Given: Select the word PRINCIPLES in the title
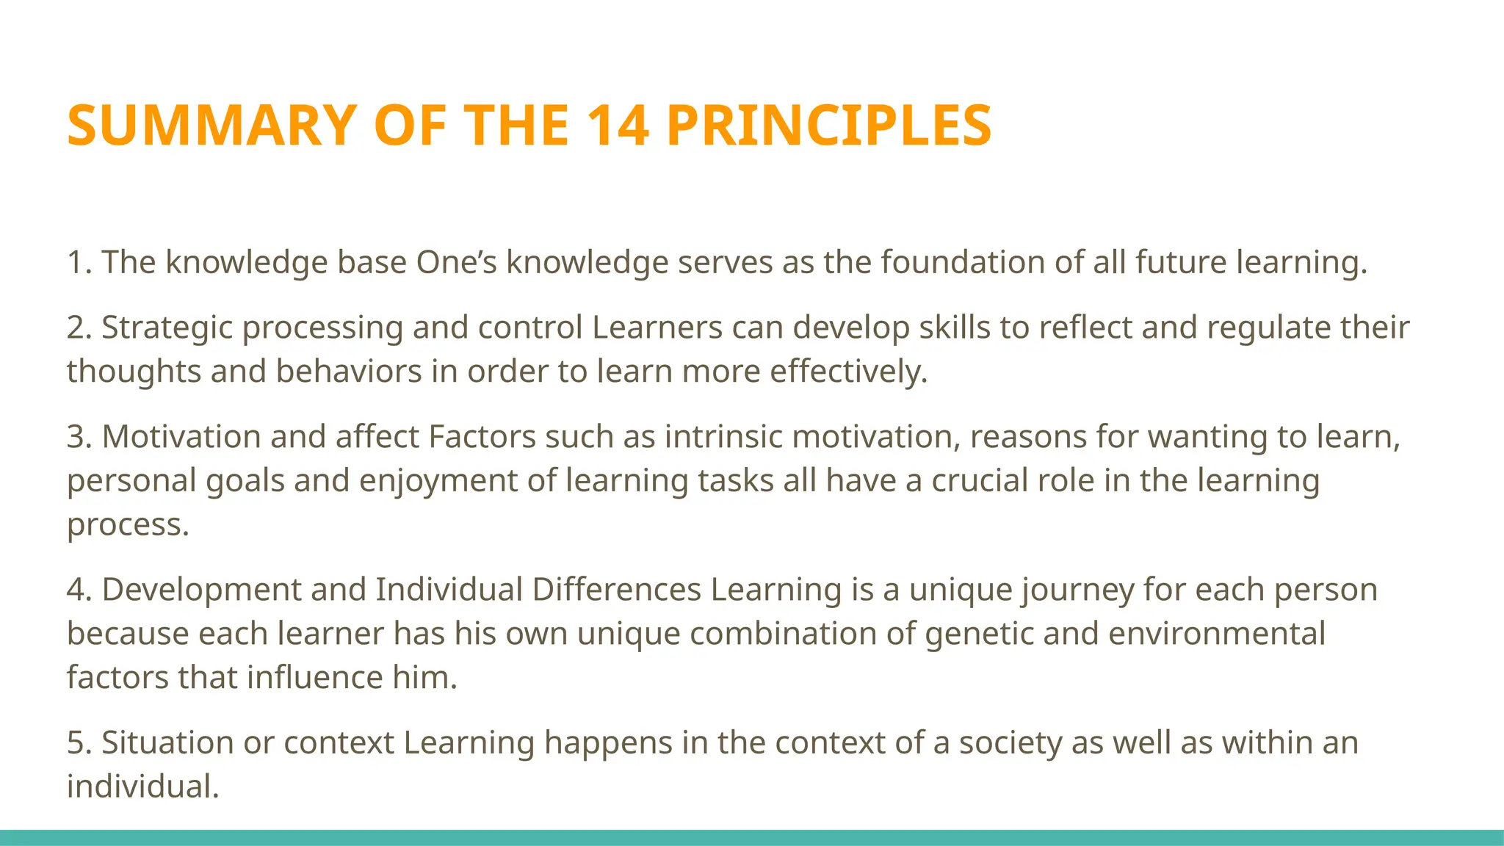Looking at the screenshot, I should pos(830,126).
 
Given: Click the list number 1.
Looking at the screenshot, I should pos(76,263).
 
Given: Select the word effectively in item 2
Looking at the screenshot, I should pos(848,372).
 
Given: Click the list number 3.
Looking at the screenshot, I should pos(76,437).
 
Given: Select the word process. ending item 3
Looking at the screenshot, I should pos(128,525).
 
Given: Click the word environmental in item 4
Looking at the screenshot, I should pos(1216,634).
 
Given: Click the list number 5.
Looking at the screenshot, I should pos(76,742).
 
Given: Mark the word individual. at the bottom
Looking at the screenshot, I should pos(143,787).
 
